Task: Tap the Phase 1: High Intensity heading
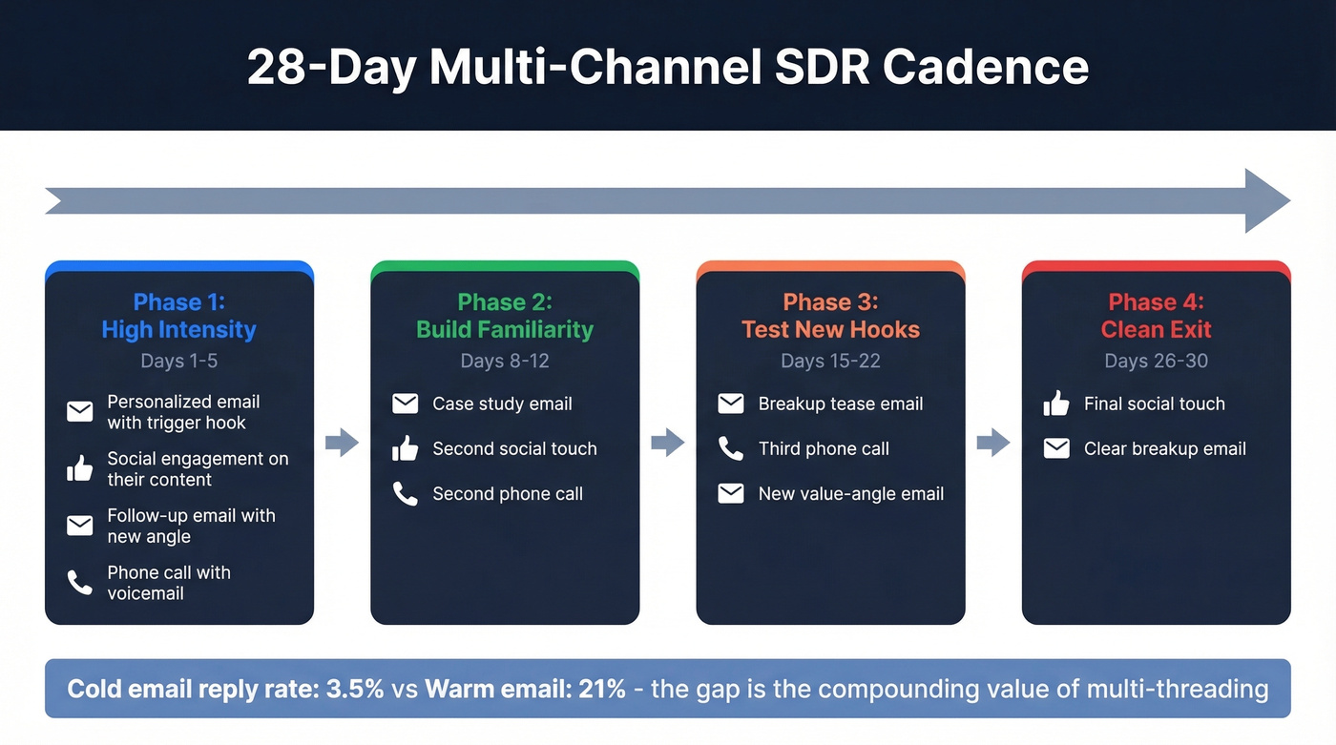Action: point(178,316)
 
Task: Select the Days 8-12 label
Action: point(505,361)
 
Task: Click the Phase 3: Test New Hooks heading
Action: point(830,316)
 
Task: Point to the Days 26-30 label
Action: point(1156,361)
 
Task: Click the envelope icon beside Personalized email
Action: point(80,412)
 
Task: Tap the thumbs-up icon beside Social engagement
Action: point(80,468)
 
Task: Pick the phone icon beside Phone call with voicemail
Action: point(80,582)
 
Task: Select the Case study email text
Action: point(502,404)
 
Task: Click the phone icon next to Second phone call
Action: point(406,493)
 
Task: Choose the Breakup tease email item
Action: point(840,404)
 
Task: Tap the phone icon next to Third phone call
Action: point(731,448)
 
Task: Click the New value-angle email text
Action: point(850,493)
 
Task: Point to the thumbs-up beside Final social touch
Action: point(1056,404)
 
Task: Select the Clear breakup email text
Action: point(1164,448)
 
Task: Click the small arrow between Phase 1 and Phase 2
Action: point(342,442)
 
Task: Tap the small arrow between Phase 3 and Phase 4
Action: point(993,442)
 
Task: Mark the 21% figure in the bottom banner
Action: point(601,689)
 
